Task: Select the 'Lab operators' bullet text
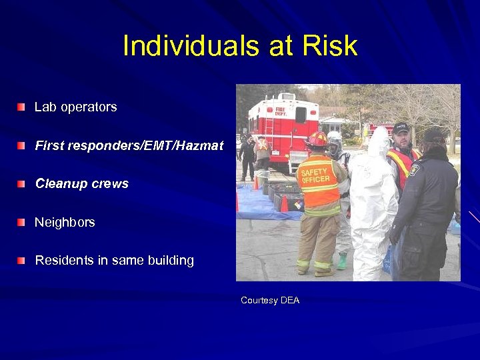pyautogui.click(x=75, y=107)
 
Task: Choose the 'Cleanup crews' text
pyautogui.click(x=81, y=184)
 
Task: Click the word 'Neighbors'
pyautogui.click(x=65, y=223)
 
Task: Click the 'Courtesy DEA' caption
pyautogui.click(x=270, y=301)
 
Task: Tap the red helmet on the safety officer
pyautogui.click(x=317, y=139)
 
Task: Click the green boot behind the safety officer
pyautogui.click(x=342, y=261)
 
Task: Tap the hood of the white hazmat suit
pyautogui.click(x=379, y=140)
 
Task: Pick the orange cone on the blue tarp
pyautogui.click(x=284, y=203)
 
